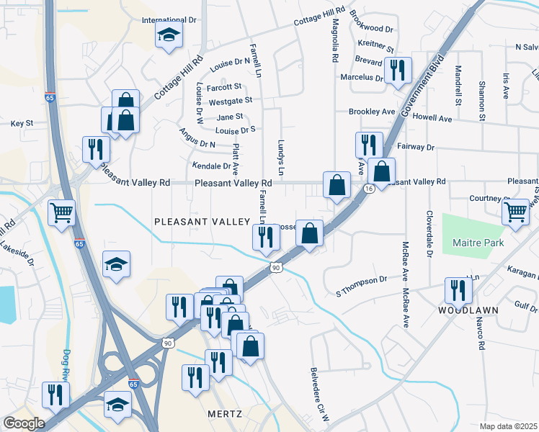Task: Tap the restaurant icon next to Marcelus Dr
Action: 397,71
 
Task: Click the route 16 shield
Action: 368,189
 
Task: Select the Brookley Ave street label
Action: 372,112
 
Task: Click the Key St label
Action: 22,124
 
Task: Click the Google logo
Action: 24,423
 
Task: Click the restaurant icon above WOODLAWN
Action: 458,290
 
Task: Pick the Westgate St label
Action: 230,101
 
